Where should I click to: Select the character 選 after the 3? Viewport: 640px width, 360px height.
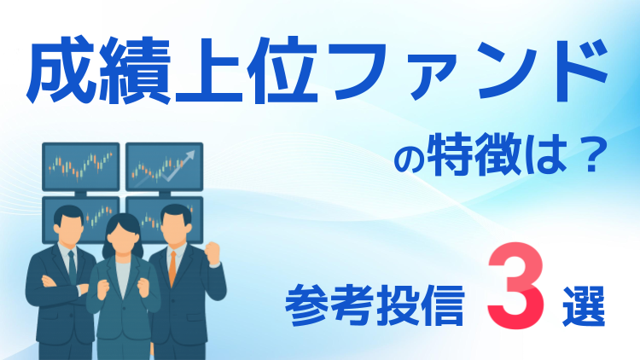(x=581, y=304)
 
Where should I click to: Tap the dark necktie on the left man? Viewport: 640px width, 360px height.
(x=72, y=265)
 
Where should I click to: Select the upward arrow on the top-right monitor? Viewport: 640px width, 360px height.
(x=182, y=163)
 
